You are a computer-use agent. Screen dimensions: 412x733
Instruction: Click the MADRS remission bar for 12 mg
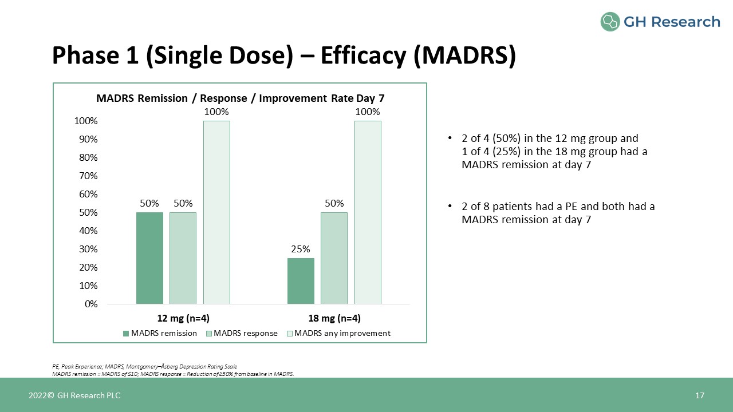pos(149,257)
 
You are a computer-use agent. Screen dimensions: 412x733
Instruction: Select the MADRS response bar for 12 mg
pos(183,257)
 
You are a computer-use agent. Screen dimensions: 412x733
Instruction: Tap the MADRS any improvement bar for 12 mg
pos(216,212)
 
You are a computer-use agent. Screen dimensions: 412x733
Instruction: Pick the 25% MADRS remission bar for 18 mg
pos(301,280)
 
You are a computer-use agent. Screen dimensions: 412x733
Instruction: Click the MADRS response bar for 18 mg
pos(334,257)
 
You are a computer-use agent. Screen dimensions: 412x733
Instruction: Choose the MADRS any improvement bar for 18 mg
pos(368,212)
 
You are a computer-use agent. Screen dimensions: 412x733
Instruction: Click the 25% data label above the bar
pos(301,249)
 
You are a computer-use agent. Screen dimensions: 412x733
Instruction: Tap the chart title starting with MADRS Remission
pos(240,98)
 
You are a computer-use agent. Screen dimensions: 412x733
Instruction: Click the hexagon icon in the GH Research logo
pos(610,22)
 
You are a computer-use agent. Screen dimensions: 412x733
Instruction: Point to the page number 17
pos(699,395)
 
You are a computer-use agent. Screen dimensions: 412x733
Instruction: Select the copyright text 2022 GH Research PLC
pos(75,395)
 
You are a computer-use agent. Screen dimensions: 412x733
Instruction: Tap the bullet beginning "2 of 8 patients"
pos(558,213)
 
